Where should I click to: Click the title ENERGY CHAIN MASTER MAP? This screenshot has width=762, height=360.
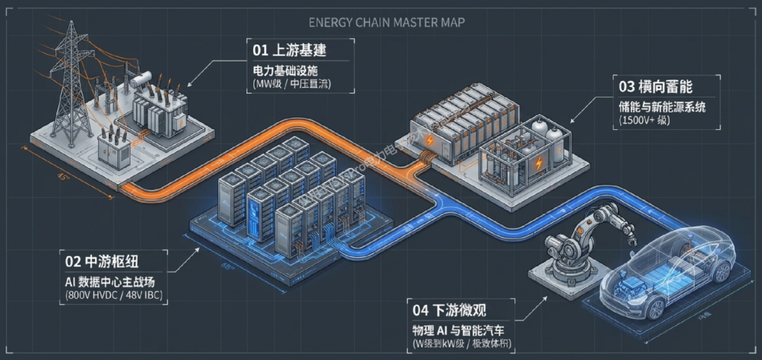click(x=386, y=23)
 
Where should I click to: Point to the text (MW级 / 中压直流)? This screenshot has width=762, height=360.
click(x=291, y=85)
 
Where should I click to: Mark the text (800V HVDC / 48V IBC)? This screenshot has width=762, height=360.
click(x=111, y=294)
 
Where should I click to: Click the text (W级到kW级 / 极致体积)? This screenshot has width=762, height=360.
click(x=462, y=344)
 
